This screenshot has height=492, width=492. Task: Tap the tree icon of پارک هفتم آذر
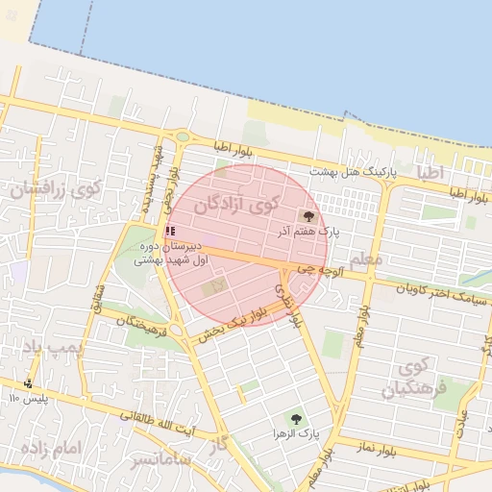308,216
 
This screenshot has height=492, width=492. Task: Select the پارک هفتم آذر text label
309,232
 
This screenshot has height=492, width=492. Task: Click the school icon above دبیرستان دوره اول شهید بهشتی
170,231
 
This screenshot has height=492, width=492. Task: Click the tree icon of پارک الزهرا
295,419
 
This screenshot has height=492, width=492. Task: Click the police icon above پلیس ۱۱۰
27,384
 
